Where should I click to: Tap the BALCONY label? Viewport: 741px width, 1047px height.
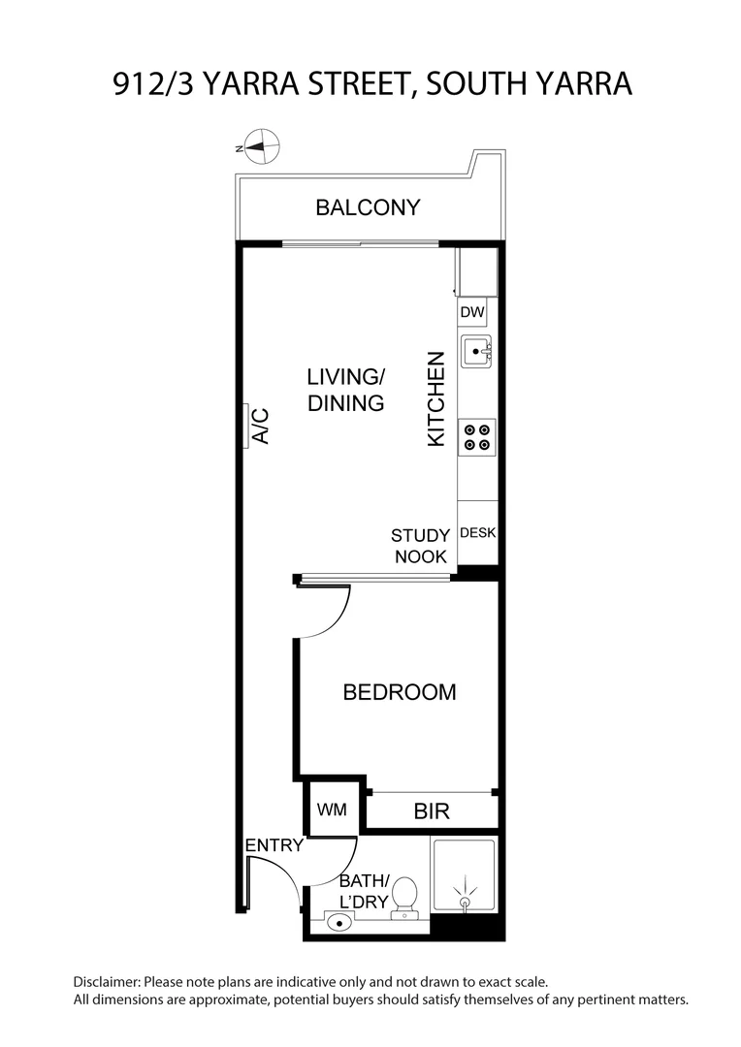tap(368, 207)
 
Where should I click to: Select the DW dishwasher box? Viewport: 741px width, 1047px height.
tap(471, 312)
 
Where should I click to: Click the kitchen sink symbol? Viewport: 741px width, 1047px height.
tap(476, 351)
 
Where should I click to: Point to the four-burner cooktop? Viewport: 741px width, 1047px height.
tap(476, 436)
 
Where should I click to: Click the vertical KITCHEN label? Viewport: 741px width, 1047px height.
tap(436, 398)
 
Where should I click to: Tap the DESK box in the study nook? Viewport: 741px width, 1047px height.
tap(477, 532)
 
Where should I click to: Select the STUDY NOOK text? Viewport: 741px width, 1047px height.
tap(420, 546)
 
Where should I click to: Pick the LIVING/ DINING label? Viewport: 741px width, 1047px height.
tap(346, 390)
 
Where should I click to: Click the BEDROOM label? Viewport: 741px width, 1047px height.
tap(400, 692)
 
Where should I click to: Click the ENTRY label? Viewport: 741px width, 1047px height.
tap(274, 845)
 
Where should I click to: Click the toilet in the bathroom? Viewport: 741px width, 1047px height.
tap(404, 898)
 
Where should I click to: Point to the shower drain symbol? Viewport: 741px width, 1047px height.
tap(466, 901)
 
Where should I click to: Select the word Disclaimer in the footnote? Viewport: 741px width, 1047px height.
tap(106, 982)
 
